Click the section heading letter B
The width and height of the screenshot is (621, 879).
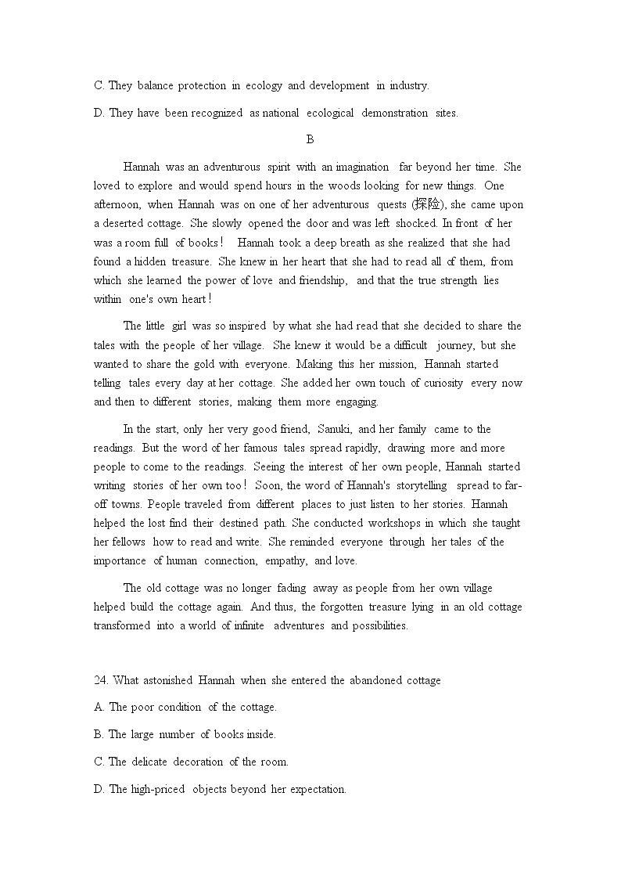pos(310,139)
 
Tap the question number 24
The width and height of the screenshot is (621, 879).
pos(100,680)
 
